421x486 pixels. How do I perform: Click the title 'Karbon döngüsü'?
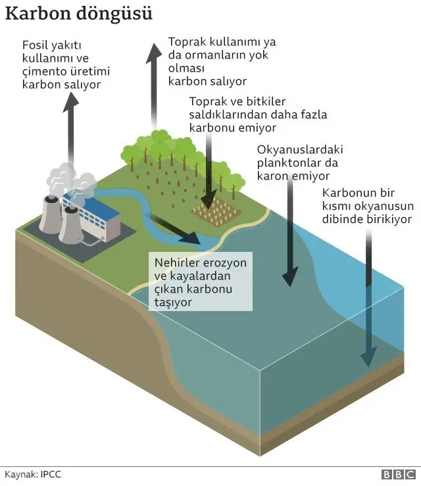click(79, 14)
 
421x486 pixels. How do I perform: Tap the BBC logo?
click(399, 475)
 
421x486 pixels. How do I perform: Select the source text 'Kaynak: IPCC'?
click(33, 474)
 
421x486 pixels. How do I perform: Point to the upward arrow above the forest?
click(154, 86)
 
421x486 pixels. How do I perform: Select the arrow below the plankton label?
click(290, 232)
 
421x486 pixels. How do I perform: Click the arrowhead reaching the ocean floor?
click(368, 356)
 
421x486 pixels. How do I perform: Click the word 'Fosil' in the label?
click(35, 45)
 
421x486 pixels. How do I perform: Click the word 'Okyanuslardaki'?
click(300, 150)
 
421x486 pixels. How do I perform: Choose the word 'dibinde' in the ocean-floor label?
click(342, 219)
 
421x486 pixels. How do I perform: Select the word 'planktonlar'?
click(289, 163)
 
